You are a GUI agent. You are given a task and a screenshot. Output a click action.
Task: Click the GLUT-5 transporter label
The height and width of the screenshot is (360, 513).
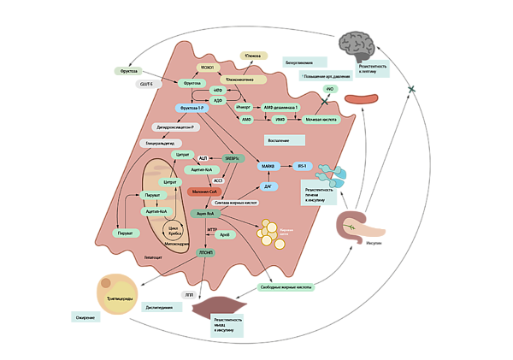tap(147, 84)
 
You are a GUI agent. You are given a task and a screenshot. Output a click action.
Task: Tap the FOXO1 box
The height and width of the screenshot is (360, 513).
tap(208, 67)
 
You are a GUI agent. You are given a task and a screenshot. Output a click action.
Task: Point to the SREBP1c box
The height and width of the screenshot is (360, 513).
tap(232, 158)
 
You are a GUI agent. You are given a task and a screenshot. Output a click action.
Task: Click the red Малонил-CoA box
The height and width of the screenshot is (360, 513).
tap(205, 192)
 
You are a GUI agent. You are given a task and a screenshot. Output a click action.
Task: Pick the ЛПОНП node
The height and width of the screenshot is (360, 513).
tap(207, 253)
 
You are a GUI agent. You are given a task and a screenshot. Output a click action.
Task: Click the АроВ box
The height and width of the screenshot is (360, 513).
tap(224, 233)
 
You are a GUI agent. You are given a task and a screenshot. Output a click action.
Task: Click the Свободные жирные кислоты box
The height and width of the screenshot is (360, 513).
tap(286, 287)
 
